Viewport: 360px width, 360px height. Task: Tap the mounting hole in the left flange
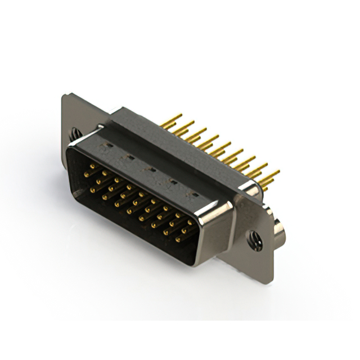[x=75, y=134]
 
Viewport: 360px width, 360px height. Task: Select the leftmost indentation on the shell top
[x=105, y=148]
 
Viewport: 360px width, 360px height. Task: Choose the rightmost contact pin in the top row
[x=190, y=222]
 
